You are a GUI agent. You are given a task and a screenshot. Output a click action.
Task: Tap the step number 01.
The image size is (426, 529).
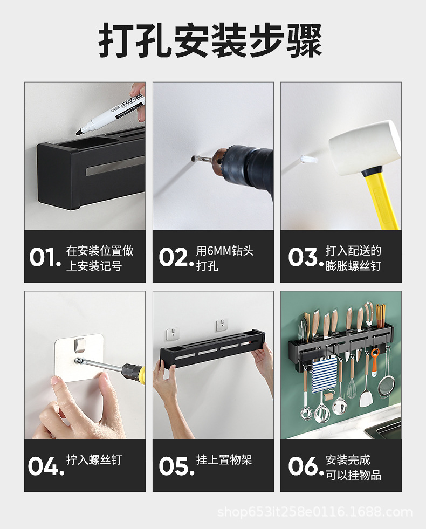coord(45,257)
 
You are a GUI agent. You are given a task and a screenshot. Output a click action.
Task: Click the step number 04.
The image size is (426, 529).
coord(46,466)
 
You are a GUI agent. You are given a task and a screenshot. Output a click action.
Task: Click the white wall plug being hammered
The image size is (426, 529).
coord(308,159)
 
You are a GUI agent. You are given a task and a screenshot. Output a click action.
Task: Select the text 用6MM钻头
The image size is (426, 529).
coord(224,251)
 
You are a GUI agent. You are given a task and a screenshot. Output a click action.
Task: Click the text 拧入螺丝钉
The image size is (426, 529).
coord(94,460)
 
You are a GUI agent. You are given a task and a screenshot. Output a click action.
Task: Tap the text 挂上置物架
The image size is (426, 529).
coord(224,460)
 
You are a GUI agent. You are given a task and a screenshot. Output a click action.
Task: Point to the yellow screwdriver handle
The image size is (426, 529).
coord(133,372)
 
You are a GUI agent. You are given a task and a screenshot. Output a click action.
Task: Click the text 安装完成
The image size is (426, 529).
coord(348,460)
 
